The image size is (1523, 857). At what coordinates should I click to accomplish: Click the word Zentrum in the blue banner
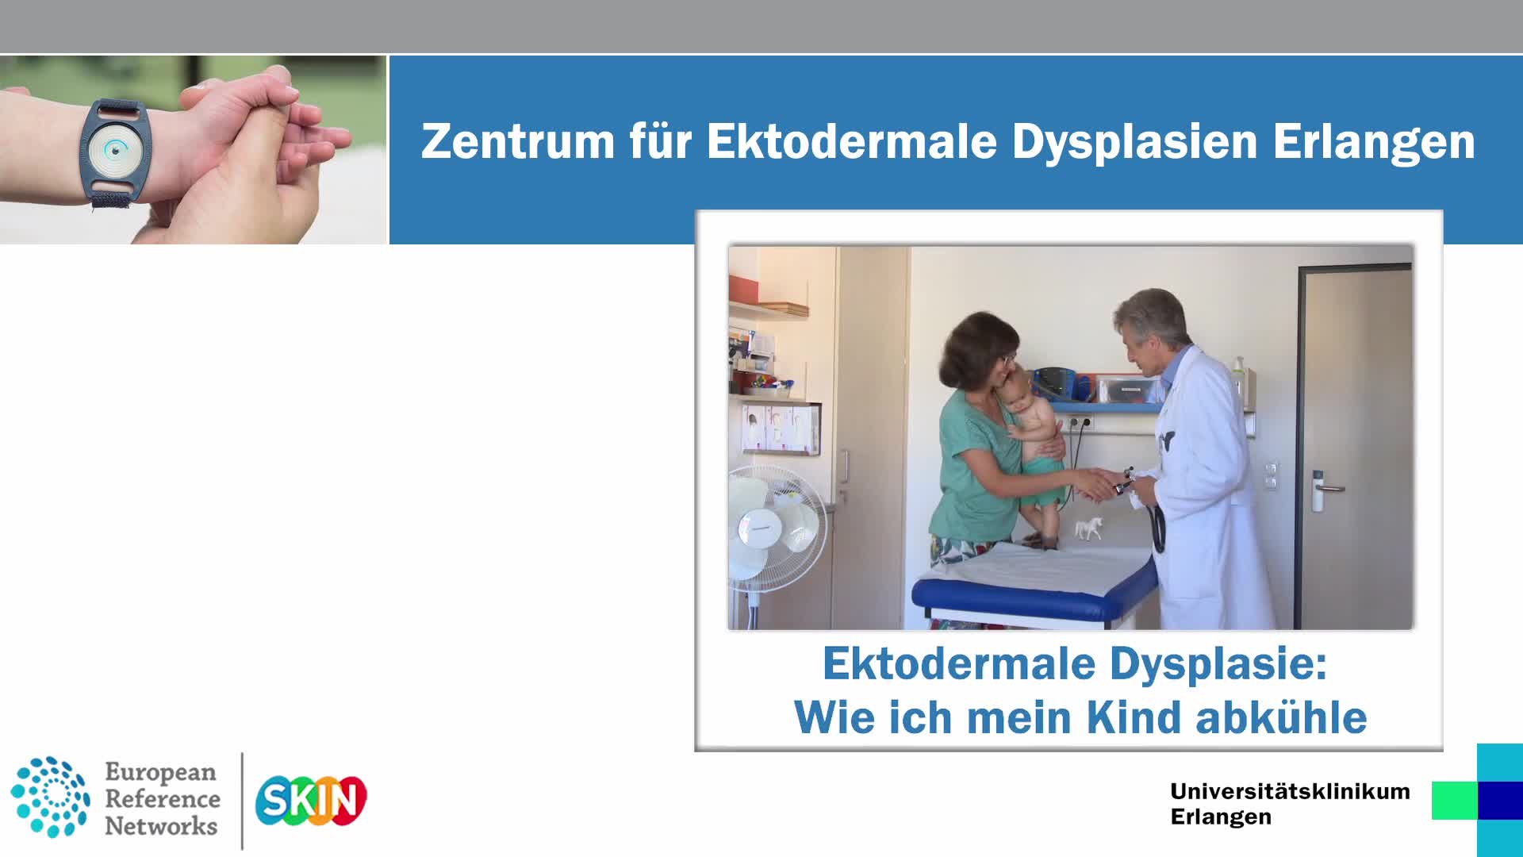(x=518, y=141)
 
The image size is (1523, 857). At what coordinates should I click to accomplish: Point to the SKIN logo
(x=311, y=800)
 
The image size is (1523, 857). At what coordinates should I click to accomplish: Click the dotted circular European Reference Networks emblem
(x=50, y=797)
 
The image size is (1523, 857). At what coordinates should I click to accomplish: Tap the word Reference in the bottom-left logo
(x=163, y=798)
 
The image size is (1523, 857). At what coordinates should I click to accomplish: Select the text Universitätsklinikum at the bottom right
(x=1290, y=791)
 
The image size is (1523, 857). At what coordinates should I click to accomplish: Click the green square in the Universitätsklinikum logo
(x=1455, y=800)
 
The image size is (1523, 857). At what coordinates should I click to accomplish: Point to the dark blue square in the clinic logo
(x=1500, y=800)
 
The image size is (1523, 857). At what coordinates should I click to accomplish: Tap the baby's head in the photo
(x=1015, y=386)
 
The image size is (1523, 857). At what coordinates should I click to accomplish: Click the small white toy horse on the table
(x=1089, y=528)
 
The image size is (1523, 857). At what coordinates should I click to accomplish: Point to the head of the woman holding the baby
(x=984, y=350)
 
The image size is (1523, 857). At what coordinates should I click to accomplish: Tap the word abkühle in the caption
(x=1281, y=718)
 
